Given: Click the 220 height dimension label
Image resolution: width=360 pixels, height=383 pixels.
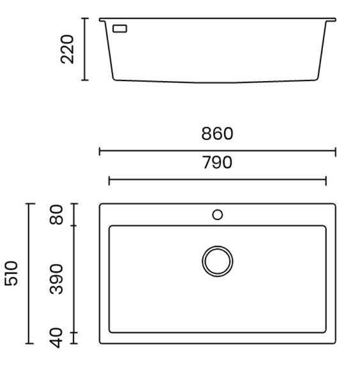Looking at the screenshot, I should point(67,49).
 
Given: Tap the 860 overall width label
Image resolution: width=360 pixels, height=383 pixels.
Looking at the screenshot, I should point(217,134).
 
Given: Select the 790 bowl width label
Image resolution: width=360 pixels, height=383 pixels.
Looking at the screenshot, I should point(217,163).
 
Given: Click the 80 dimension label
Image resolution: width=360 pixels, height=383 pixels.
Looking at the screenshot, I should point(58,214).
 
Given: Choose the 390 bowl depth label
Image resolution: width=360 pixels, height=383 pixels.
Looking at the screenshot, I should point(58,279).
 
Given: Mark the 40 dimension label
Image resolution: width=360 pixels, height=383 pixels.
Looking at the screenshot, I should point(58,337).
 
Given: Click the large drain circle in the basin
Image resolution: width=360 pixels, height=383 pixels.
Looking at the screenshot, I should point(217,260).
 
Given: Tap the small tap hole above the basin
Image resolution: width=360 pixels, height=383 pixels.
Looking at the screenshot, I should point(217,214).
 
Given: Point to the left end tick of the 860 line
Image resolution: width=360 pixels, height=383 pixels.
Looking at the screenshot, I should point(100,151).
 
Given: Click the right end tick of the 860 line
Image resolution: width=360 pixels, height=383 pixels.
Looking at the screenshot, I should point(336,151).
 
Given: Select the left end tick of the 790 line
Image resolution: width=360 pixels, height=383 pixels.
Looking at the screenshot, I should point(109,181).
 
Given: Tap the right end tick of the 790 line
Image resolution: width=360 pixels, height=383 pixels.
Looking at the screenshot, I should point(326,181).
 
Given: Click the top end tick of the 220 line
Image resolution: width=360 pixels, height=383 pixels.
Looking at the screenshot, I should point(84,19).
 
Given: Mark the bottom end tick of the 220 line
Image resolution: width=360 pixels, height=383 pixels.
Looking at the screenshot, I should point(84,80).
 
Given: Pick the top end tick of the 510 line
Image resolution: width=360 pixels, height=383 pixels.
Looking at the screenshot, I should point(29,204).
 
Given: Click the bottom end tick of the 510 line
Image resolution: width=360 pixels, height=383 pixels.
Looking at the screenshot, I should point(29,343).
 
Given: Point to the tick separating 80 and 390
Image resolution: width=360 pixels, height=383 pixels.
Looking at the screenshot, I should point(74,225).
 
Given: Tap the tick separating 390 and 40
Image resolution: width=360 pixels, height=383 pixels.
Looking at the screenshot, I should point(74,333).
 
